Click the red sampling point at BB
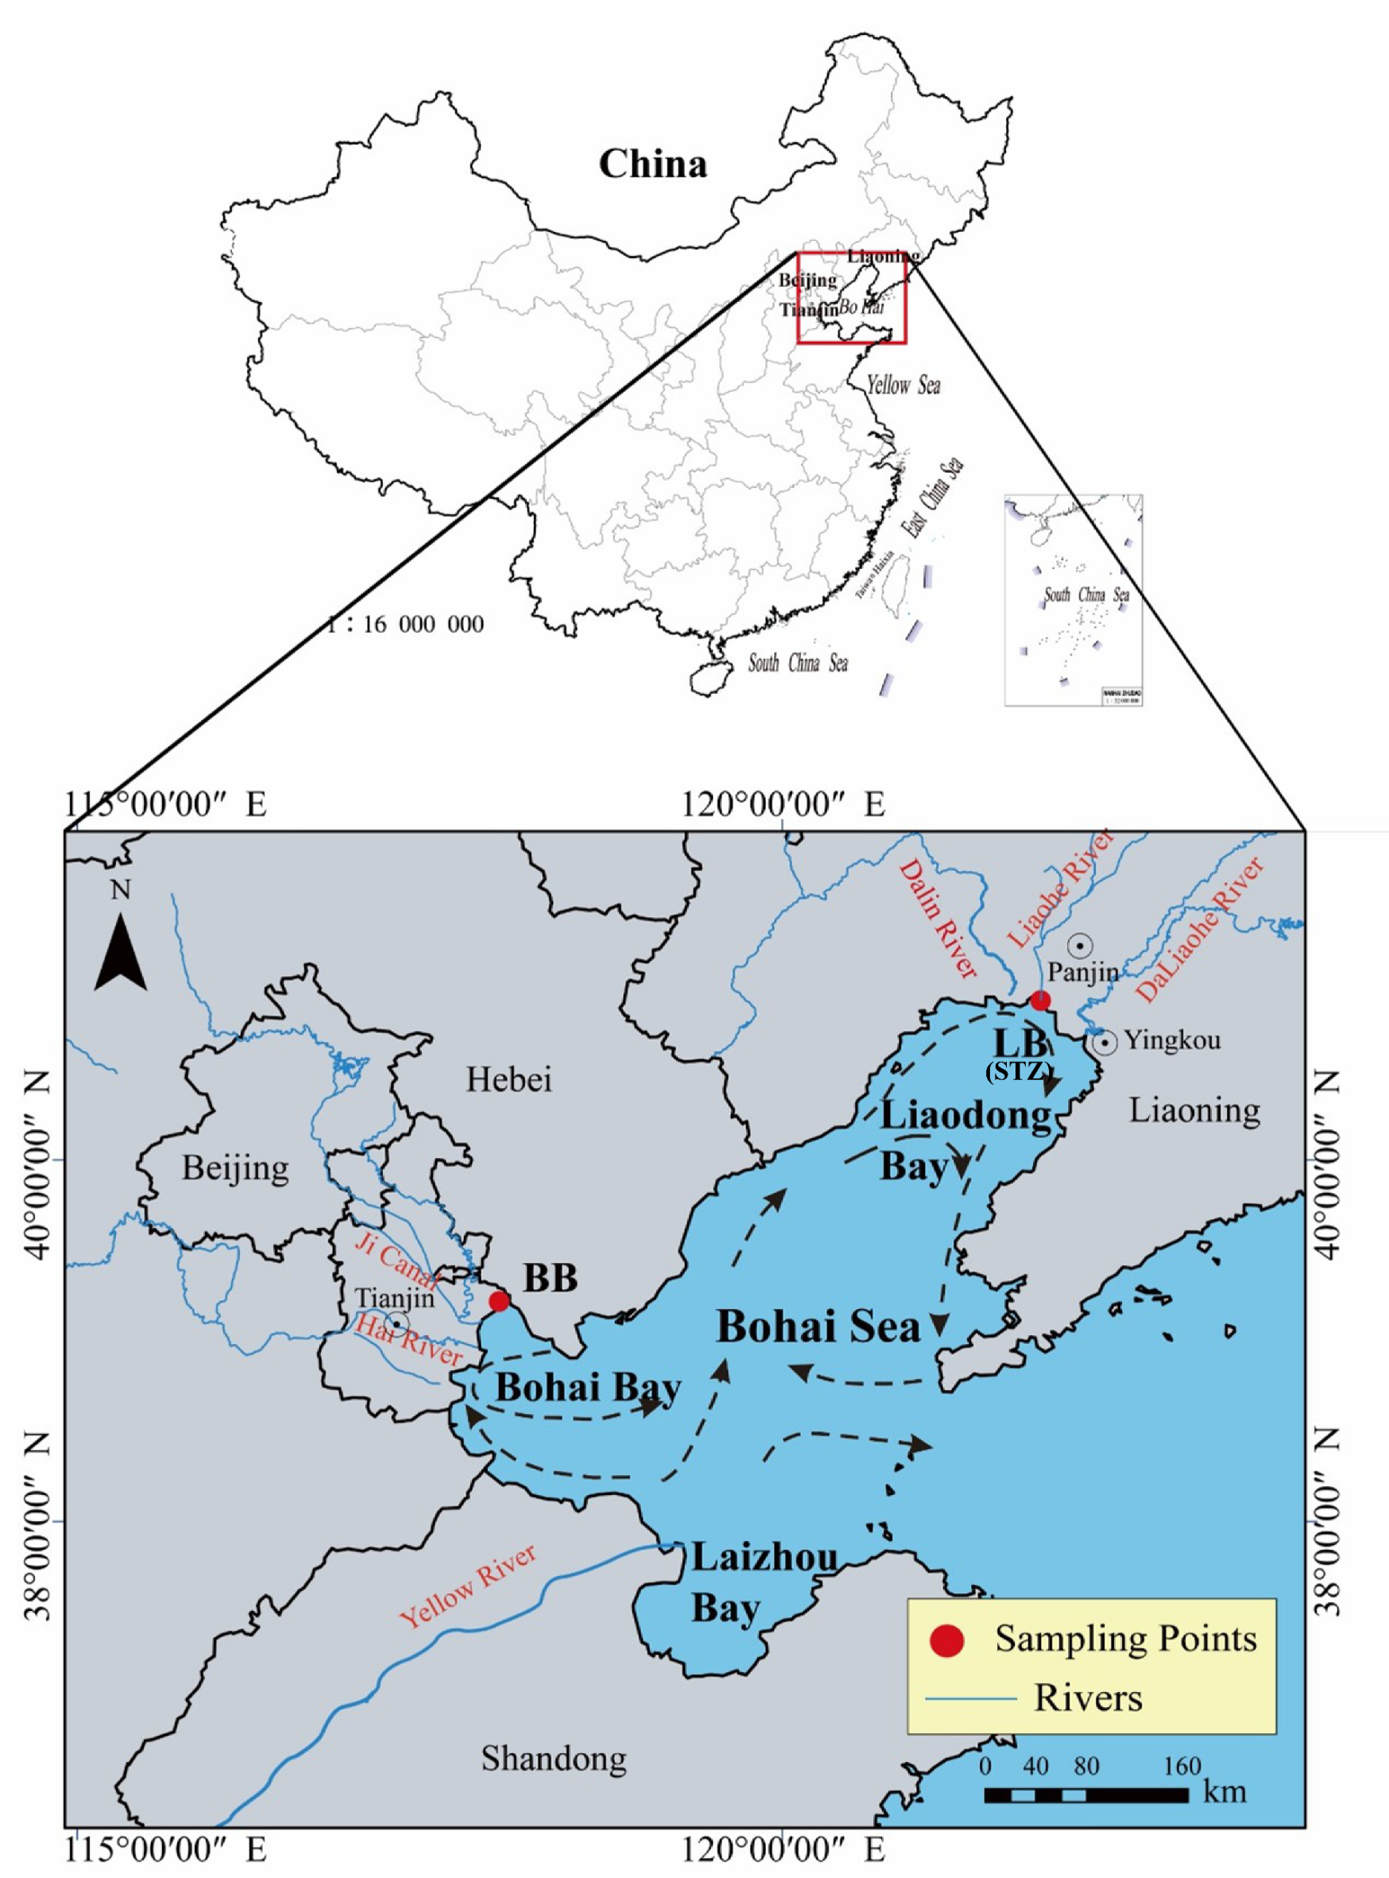click(500, 1301)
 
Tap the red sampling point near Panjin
click(1041, 1000)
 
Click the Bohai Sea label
click(818, 1326)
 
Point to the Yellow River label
click(467, 1586)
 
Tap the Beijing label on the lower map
click(235, 1168)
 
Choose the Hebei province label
click(509, 1079)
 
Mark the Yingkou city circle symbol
click(1105, 1043)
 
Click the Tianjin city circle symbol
click(396, 1323)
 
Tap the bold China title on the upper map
click(652, 163)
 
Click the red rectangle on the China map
click(851, 298)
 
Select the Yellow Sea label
click(903, 385)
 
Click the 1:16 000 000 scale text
click(405, 624)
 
